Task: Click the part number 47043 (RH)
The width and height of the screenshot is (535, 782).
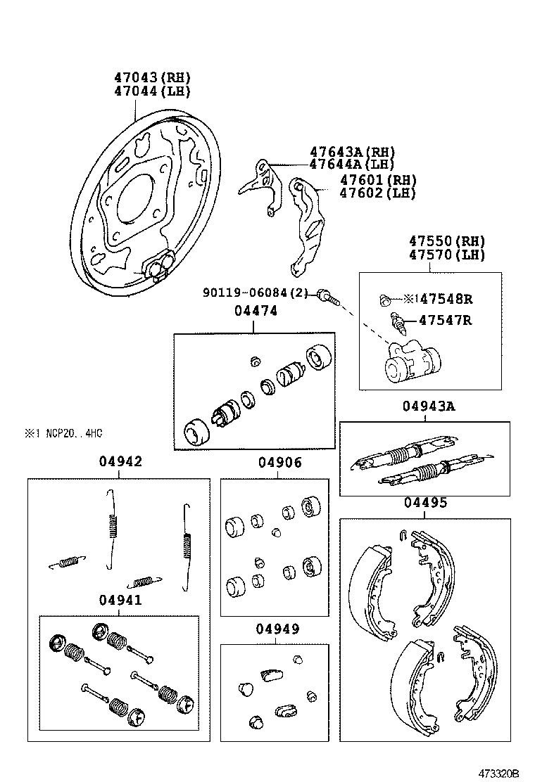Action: [153, 77]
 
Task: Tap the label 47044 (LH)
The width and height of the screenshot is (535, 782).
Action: [153, 91]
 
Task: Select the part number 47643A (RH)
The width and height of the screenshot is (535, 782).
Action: [353, 152]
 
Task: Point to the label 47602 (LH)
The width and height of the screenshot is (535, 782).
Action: [378, 193]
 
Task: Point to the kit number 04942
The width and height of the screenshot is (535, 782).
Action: [120, 461]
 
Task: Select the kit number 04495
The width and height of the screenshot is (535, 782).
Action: [425, 503]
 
